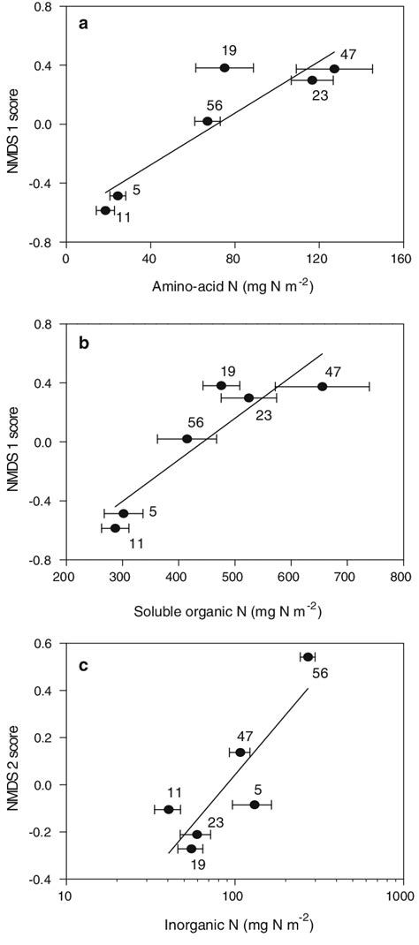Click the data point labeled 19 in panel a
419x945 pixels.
click(225, 67)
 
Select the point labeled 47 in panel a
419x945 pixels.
click(334, 68)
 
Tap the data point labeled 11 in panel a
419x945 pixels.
click(105, 210)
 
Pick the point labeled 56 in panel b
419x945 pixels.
click(187, 438)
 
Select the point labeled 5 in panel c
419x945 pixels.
click(255, 805)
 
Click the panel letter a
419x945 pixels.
click(83, 25)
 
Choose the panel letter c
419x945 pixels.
click(83, 666)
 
